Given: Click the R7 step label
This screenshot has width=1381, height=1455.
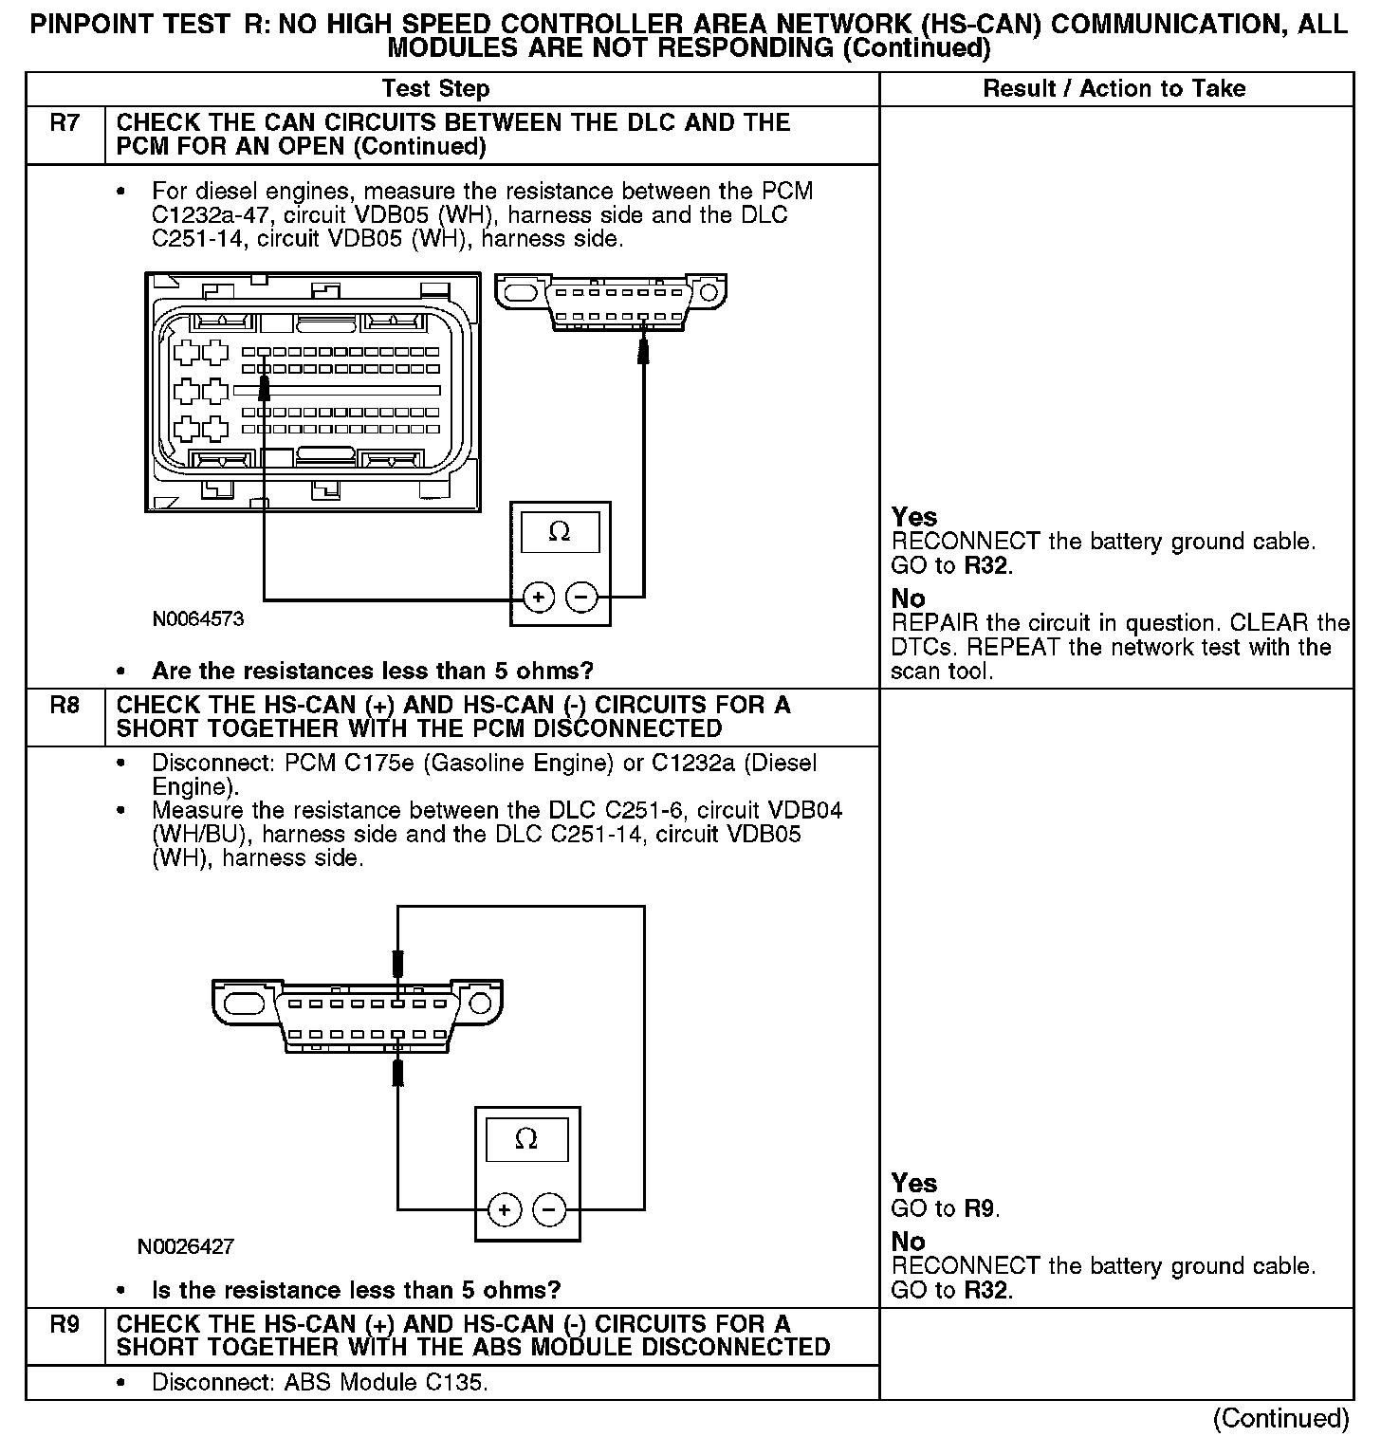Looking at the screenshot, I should [x=64, y=123].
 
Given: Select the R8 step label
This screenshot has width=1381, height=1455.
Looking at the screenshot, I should [x=64, y=706].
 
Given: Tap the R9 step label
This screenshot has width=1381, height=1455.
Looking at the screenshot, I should [x=64, y=1324].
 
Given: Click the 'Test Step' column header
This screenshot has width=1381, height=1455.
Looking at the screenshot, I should [x=435, y=89].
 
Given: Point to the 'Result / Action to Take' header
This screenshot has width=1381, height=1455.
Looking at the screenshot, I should [x=1114, y=89].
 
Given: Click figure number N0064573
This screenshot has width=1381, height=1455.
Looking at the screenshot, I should [x=197, y=619].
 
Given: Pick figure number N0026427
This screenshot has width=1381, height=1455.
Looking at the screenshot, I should [x=186, y=1246].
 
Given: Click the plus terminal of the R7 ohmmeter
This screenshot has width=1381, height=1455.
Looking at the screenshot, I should [x=539, y=598].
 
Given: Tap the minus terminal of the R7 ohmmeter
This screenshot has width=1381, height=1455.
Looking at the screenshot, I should [x=581, y=598].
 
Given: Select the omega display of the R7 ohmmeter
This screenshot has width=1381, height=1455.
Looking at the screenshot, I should [x=560, y=533].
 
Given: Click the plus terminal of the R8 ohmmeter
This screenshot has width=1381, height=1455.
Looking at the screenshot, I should [x=505, y=1209].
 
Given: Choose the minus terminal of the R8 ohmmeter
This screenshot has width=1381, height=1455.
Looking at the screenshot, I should [x=549, y=1209].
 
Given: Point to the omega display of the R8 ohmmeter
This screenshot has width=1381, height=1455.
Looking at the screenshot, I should [x=526, y=1139].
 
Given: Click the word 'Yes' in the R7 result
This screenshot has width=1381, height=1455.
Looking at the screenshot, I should [x=914, y=518].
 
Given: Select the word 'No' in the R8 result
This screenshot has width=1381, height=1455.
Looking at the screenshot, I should [x=908, y=1242].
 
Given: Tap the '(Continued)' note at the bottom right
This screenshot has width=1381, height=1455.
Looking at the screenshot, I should [x=1280, y=1418].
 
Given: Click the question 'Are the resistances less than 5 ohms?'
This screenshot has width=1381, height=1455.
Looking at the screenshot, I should [x=372, y=672].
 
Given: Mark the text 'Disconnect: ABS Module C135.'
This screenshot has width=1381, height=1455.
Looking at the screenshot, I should [x=320, y=1383].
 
